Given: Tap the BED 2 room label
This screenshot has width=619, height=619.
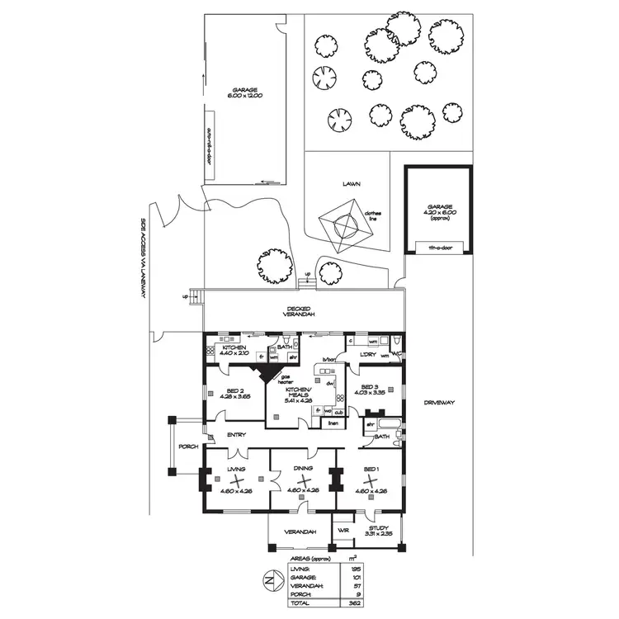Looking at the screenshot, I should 234,392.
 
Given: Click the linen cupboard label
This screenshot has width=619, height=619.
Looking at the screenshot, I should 333,423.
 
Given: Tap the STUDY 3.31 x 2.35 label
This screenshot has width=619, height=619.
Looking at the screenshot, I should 378,532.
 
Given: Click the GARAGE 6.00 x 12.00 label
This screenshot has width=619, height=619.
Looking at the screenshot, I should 244,93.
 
